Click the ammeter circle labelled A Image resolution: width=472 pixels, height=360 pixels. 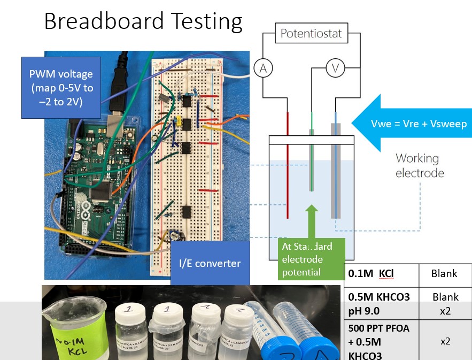click(262, 67)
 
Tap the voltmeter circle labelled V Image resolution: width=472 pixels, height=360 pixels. click(336, 68)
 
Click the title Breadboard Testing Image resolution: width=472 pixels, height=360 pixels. click(143, 21)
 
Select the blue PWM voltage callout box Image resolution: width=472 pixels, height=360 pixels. click(61, 87)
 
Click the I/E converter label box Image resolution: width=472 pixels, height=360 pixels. click(210, 263)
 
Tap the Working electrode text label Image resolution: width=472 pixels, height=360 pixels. click(417, 165)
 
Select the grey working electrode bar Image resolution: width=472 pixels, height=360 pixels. click(336, 171)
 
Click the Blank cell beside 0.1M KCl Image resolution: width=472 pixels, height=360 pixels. click(444, 274)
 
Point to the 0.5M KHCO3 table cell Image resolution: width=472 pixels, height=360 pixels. click(381, 297)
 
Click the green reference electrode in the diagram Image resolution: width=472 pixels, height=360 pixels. click(311, 160)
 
